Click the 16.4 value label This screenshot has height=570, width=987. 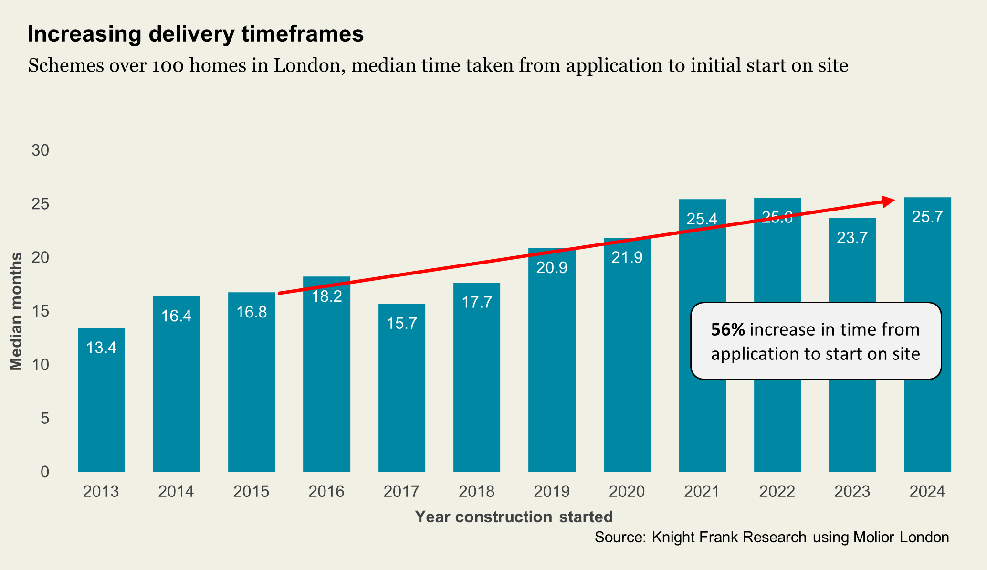(x=176, y=316)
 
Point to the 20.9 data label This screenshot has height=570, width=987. (x=552, y=268)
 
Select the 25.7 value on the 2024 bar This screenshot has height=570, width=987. (x=927, y=217)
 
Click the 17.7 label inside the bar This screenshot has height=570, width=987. (x=477, y=302)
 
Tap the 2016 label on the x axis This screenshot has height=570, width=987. (x=326, y=491)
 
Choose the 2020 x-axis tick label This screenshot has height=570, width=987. (x=627, y=491)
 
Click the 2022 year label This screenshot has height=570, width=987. (x=777, y=491)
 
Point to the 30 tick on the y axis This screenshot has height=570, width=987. (x=41, y=151)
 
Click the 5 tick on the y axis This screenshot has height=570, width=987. (x=45, y=419)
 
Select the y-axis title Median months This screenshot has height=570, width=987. (x=16, y=311)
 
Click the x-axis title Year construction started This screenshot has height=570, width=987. (x=514, y=517)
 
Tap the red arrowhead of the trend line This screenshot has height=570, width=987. (x=888, y=201)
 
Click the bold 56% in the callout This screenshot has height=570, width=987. (x=728, y=330)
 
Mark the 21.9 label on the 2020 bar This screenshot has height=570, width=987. (x=627, y=258)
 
